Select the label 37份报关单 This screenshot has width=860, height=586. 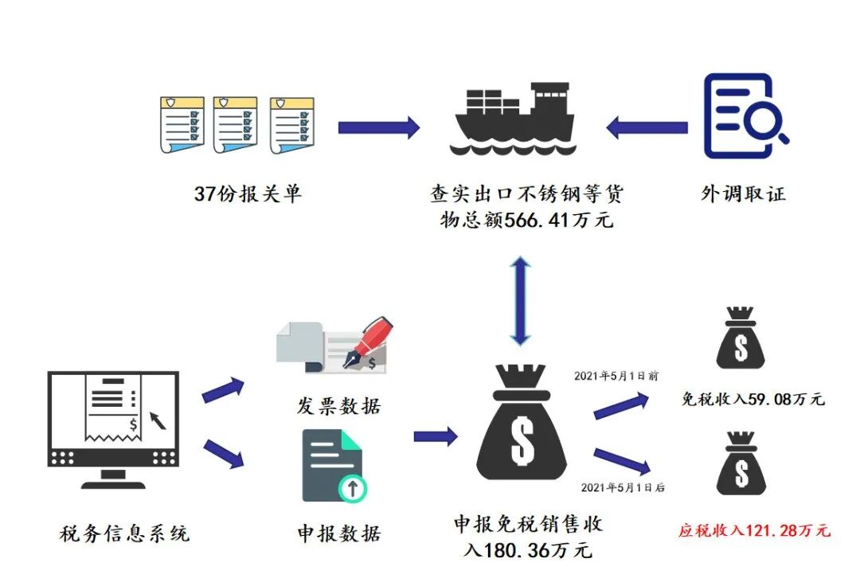(248, 193)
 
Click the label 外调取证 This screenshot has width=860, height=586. (743, 193)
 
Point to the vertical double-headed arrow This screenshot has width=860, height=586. (519, 300)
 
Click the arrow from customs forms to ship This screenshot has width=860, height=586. (378, 127)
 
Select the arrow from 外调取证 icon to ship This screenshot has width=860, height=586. (647, 127)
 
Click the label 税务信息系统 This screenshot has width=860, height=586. (125, 533)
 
